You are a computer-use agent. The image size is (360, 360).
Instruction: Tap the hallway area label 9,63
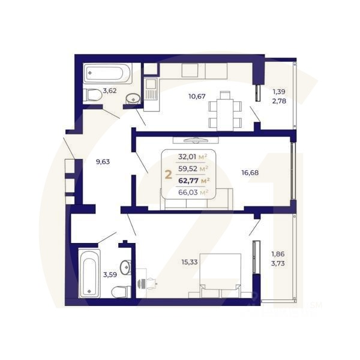tap(103, 161)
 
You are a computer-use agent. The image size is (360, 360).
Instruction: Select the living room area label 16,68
tap(251, 173)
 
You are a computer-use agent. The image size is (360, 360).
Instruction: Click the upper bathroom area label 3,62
tap(110, 91)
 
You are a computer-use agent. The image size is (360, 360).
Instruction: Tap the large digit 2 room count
tap(168, 175)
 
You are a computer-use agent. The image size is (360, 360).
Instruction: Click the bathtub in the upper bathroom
tap(106, 74)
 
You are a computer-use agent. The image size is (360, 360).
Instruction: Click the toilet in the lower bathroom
tap(121, 292)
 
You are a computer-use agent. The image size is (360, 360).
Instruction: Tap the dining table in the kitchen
tap(225, 110)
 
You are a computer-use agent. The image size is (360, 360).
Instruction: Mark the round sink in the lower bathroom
tap(125, 267)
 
